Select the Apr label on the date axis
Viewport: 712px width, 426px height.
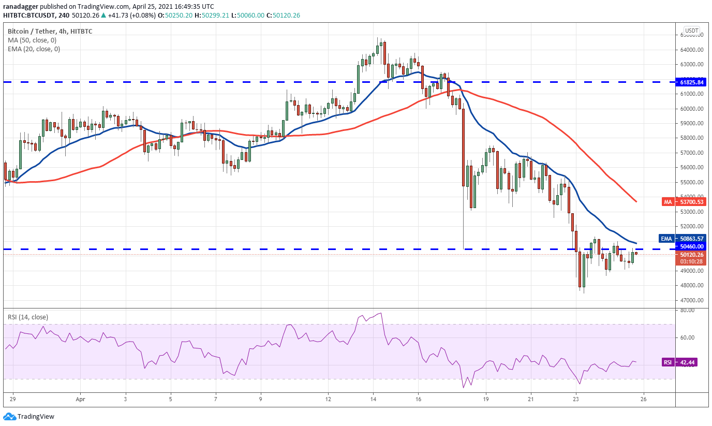click(79, 399)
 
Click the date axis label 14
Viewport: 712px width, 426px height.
click(373, 399)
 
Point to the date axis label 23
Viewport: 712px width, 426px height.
click(576, 399)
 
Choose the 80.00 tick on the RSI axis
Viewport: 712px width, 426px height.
click(687, 311)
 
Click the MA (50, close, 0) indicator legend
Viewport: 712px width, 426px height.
click(32, 40)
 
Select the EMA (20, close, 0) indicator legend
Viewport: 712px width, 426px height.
click(34, 49)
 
